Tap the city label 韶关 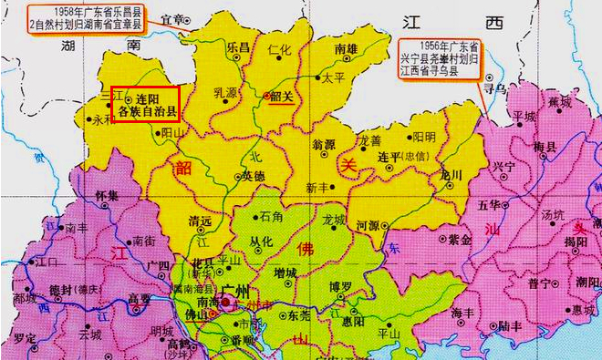coord(280,100)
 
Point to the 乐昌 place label coord(238,46)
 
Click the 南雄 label coord(346,49)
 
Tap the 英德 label coord(253,176)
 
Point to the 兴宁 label coord(503,167)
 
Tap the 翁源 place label coord(325,144)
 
